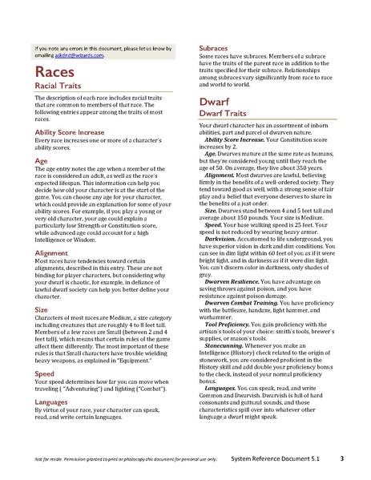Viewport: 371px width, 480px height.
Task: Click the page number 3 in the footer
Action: (x=341, y=460)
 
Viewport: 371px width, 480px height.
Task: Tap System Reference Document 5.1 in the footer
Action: (x=289, y=460)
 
